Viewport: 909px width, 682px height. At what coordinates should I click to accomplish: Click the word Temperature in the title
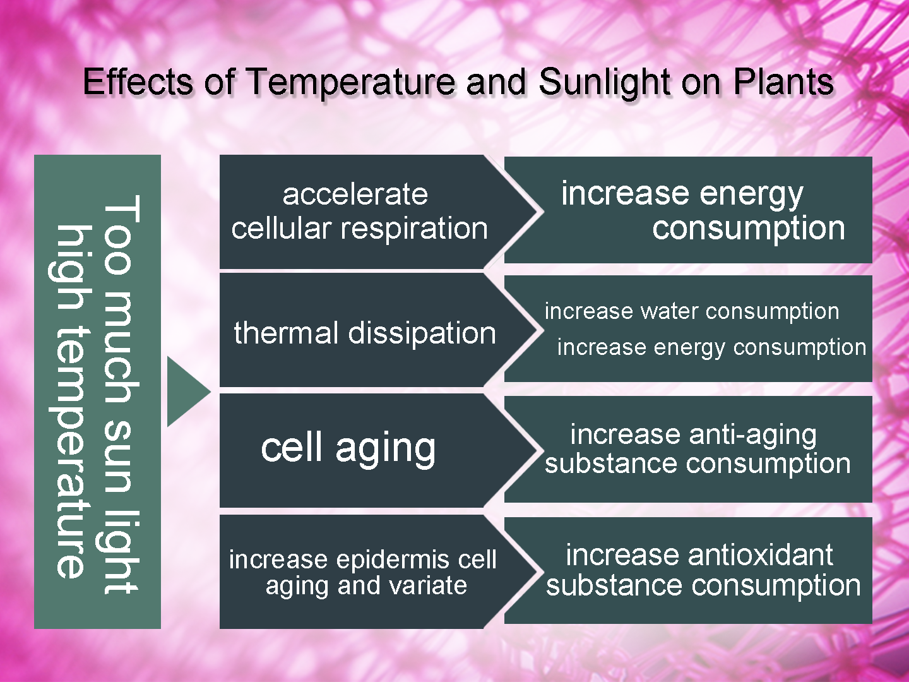[x=351, y=83]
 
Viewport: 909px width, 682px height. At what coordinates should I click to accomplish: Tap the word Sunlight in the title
[x=605, y=83]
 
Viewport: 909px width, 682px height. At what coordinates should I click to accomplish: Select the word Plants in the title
[x=783, y=81]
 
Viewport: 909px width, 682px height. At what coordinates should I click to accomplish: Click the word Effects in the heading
[x=138, y=81]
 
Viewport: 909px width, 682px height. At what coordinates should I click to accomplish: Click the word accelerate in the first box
[x=355, y=194]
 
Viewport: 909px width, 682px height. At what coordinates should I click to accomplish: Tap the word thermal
[x=286, y=333]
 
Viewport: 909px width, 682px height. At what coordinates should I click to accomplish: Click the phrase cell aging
[x=348, y=449]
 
